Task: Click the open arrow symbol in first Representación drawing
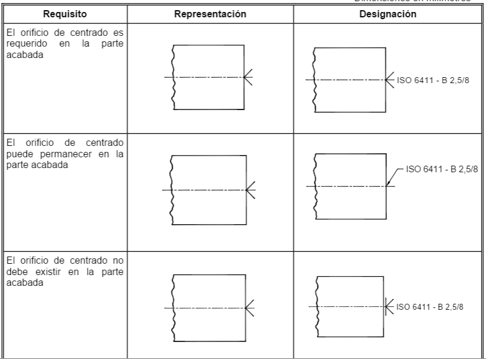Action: coord(248,77)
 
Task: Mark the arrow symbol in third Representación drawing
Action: coord(249,307)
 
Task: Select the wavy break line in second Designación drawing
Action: coord(316,186)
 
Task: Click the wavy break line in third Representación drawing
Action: coord(173,307)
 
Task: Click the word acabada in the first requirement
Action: coord(20,56)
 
